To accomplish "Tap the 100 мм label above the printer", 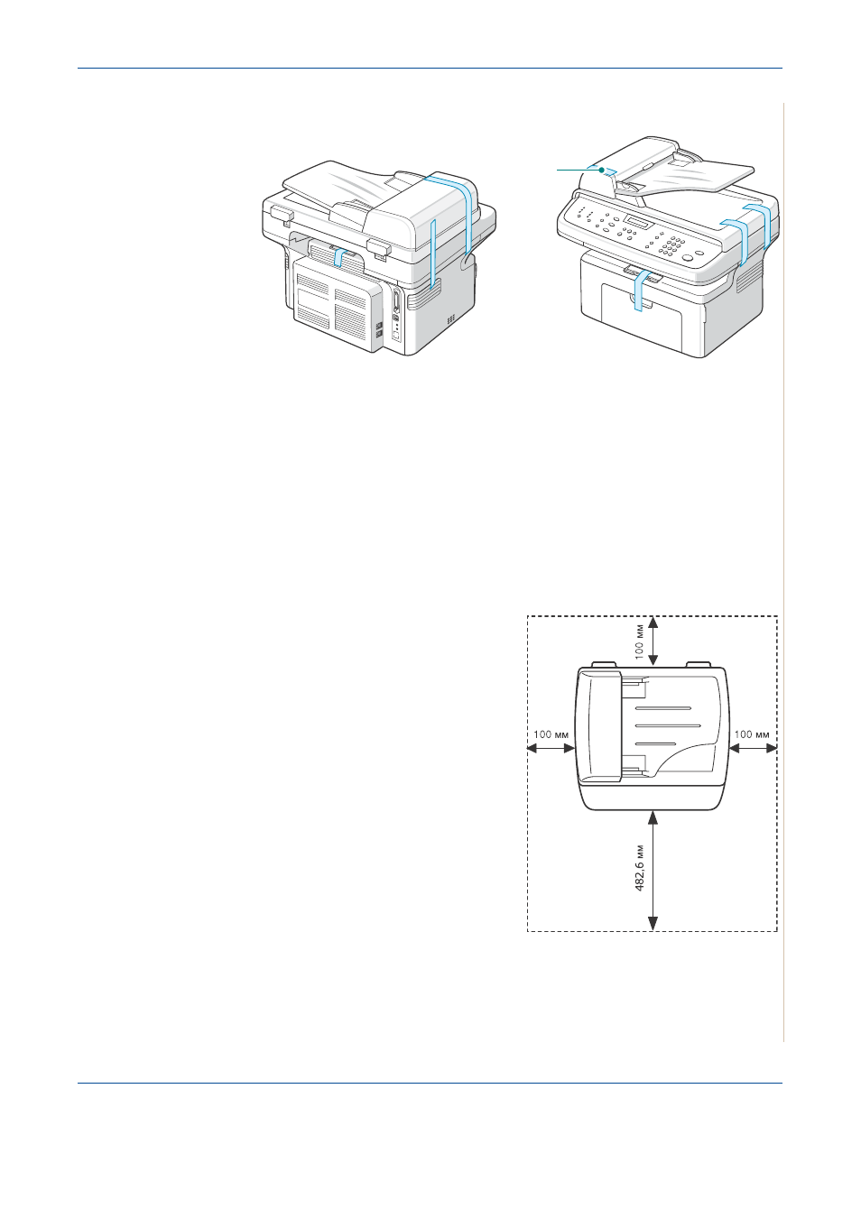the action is [x=640, y=641].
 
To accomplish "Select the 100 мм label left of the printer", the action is [x=551, y=734].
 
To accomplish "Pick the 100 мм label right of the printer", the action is [x=752, y=734].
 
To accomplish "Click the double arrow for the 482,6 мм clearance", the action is [x=653, y=870].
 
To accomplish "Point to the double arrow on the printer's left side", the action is [x=551, y=748].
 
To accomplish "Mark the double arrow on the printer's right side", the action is [x=753, y=748].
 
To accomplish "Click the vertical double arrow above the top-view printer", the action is [x=653, y=640].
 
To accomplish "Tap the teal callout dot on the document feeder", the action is [x=602, y=170].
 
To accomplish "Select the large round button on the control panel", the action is [x=687, y=258].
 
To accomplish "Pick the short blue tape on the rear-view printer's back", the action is [x=339, y=256].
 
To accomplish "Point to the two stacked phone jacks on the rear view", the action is [x=379, y=329].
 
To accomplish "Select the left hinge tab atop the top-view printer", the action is [x=603, y=664].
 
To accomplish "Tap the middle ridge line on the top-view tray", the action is [x=668, y=725].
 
